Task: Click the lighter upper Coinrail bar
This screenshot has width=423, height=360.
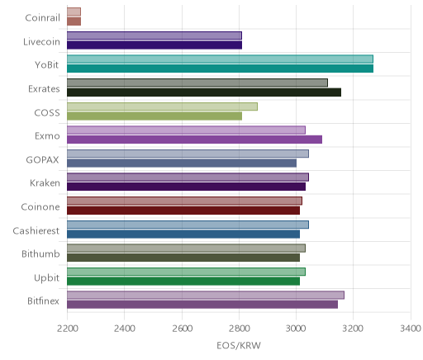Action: pos(74,12)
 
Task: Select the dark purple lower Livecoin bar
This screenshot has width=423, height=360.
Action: pos(154,45)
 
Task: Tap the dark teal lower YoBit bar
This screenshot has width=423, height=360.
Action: pos(220,69)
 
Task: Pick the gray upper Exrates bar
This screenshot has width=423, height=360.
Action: pos(197,83)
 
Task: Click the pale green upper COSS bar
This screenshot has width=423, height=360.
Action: pos(162,107)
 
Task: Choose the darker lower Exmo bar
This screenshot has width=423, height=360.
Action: pos(194,140)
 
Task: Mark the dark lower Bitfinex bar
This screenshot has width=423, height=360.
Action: pos(202,305)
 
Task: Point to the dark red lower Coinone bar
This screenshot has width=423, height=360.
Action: pos(183,211)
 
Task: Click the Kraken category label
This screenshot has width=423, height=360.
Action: pos(45,183)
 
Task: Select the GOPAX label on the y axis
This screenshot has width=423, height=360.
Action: pos(42,160)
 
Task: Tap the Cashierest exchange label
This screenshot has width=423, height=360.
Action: pos(36,230)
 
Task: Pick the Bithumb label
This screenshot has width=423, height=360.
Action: pos(40,253)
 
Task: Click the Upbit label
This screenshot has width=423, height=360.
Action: pos(46,278)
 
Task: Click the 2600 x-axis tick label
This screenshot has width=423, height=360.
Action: pos(182,329)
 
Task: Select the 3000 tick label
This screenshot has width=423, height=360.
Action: pos(297,329)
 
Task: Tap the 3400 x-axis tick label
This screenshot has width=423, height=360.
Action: pos(411,329)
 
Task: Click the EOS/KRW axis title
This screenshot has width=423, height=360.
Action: pos(239,345)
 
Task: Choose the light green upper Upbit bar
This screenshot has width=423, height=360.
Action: pos(186,272)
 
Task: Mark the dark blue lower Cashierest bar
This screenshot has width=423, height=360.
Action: pos(183,234)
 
